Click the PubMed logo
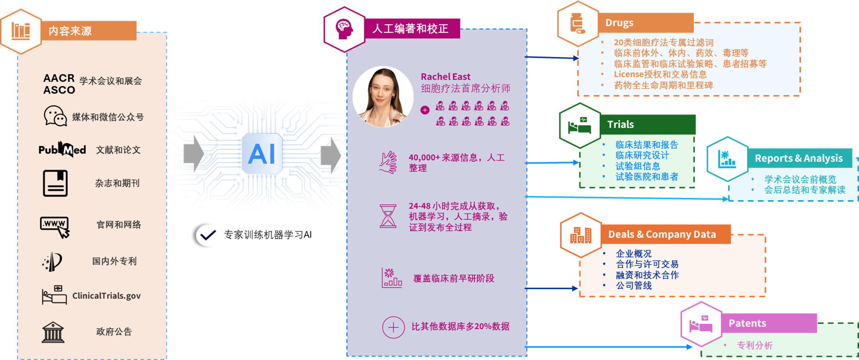[x=62, y=150]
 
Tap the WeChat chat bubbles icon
[x=55, y=116]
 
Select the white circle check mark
[x=208, y=235]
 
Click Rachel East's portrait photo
[x=383, y=97]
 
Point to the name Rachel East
[x=445, y=77]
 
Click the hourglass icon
[x=388, y=216]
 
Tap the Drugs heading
[x=619, y=23]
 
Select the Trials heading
[x=620, y=125]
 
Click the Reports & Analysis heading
[x=798, y=158]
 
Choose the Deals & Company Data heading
[x=662, y=235]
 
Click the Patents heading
[x=747, y=323]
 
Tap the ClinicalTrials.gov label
[x=107, y=296]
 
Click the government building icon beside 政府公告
[x=53, y=332]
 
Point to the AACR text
[x=59, y=78]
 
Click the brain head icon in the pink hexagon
[x=344, y=29]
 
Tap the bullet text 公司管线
[x=634, y=286]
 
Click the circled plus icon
[x=393, y=327]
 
